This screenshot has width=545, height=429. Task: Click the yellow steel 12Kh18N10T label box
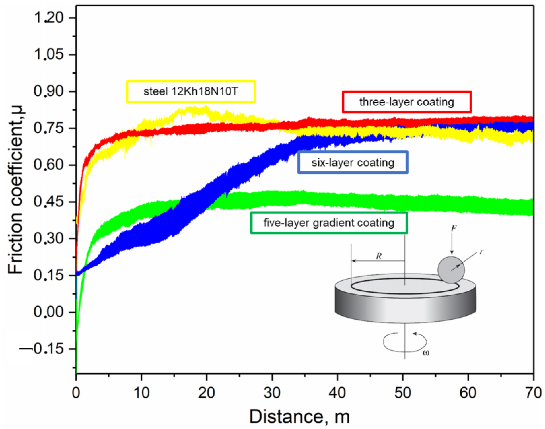click(x=191, y=91)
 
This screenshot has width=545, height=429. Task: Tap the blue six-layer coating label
click(x=352, y=162)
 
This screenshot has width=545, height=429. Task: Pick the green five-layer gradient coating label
click(x=328, y=223)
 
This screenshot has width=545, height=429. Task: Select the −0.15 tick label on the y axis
click(x=42, y=349)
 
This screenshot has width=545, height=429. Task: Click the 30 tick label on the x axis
click(x=272, y=393)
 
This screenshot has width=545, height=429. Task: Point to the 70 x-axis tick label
click(x=533, y=393)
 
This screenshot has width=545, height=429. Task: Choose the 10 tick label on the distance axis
click(x=141, y=393)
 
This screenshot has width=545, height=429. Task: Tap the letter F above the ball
click(x=453, y=228)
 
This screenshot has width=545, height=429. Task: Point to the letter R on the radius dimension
click(x=379, y=256)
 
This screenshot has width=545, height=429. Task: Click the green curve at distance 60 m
click(x=468, y=205)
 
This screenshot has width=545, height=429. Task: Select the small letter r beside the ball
click(x=481, y=251)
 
